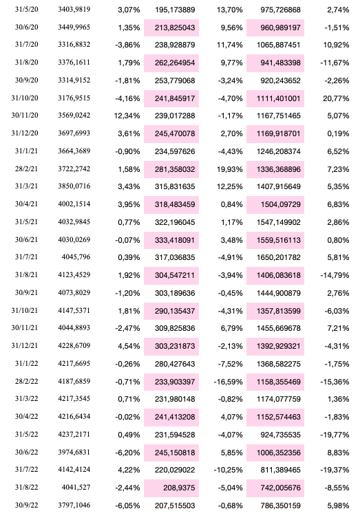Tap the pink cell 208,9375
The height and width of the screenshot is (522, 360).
(x=175, y=487)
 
